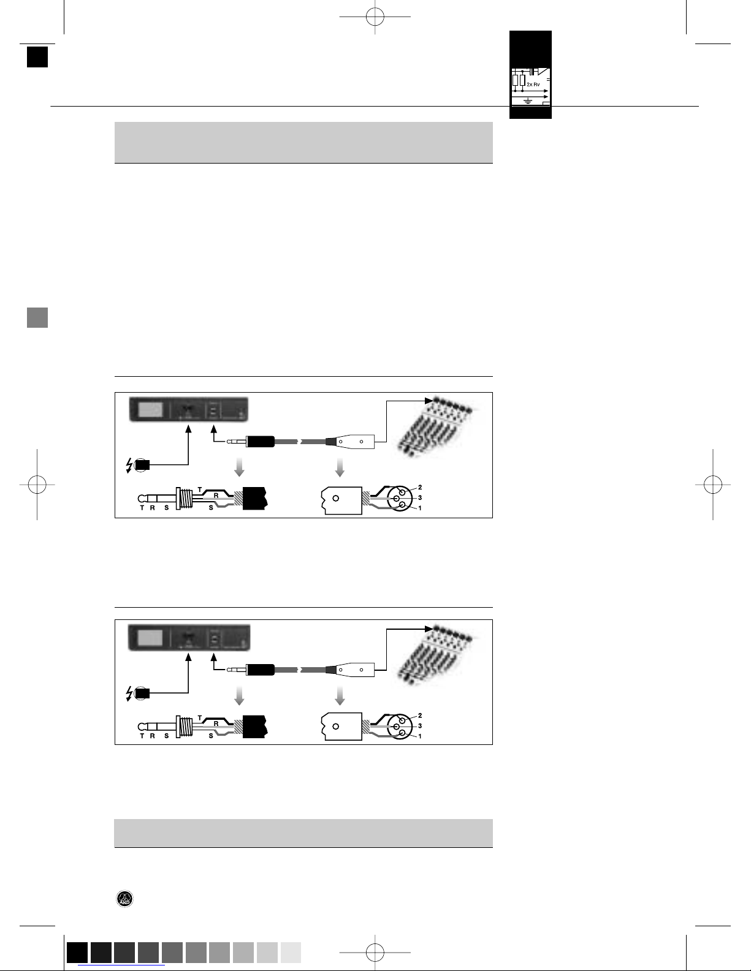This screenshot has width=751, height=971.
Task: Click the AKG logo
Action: pyautogui.click(x=124, y=899)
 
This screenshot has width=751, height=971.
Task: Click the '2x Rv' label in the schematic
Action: pyautogui.click(x=533, y=85)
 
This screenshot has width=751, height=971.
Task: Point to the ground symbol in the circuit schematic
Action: pyautogui.click(x=528, y=102)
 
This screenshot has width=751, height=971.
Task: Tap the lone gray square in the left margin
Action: pyautogui.click(x=37, y=318)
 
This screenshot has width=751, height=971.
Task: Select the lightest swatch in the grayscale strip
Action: pyautogui.click(x=291, y=952)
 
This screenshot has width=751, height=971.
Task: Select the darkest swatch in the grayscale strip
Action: pyautogui.click(x=77, y=952)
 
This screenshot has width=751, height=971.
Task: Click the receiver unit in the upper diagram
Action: pyautogui.click(x=188, y=409)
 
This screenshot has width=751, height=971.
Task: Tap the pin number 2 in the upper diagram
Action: pyautogui.click(x=420, y=487)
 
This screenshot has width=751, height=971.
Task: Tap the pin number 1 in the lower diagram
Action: pyautogui.click(x=420, y=736)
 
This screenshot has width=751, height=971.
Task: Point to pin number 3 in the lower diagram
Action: pyautogui.click(x=420, y=726)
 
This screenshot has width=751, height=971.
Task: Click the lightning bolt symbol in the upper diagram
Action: pyautogui.click(x=129, y=465)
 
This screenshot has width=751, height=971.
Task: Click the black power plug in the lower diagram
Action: pyautogui.click(x=142, y=693)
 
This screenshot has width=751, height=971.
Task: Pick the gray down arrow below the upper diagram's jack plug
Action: pyautogui.click(x=240, y=467)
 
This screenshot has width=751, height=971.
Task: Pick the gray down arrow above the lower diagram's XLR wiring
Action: pyautogui.click(x=340, y=696)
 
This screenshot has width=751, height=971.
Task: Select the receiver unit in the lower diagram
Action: pyautogui.click(x=189, y=637)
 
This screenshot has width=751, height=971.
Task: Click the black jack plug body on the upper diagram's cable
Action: pyautogui.click(x=260, y=442)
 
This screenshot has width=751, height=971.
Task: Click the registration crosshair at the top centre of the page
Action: pyautogui.click(x=375, y=17)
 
